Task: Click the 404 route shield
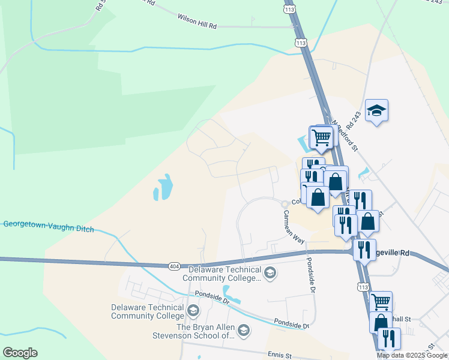[174, 265]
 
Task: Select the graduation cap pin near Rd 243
[376, 110]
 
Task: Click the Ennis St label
[280, 356]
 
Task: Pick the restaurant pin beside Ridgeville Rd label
[363, 250]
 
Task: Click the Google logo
[20, 353]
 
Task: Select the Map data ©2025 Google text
[412, 355]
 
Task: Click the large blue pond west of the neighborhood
[163, 187]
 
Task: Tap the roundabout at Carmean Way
[285, 205]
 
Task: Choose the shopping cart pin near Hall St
[381, 301]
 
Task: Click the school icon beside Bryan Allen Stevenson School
[243, 329]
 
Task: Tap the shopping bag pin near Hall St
[381, 322]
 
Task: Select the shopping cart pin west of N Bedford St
[321, 137]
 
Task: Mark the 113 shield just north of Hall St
[363, 287]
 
